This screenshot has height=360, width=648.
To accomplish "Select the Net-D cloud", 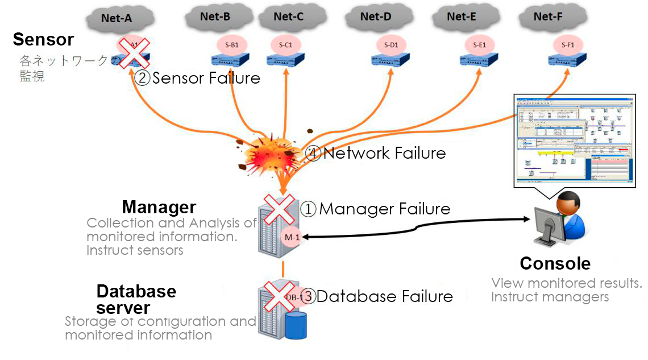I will coord(376,16).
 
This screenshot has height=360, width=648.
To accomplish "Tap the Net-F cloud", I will coord(548,16).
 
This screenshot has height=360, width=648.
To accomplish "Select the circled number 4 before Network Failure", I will coord(313,153).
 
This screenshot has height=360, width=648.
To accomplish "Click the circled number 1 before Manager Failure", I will coord(308,209).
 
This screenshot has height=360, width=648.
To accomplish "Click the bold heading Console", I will coord(555,264).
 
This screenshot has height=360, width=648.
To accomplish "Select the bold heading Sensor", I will coord(43,40).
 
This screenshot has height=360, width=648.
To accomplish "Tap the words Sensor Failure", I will coord(206,78).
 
